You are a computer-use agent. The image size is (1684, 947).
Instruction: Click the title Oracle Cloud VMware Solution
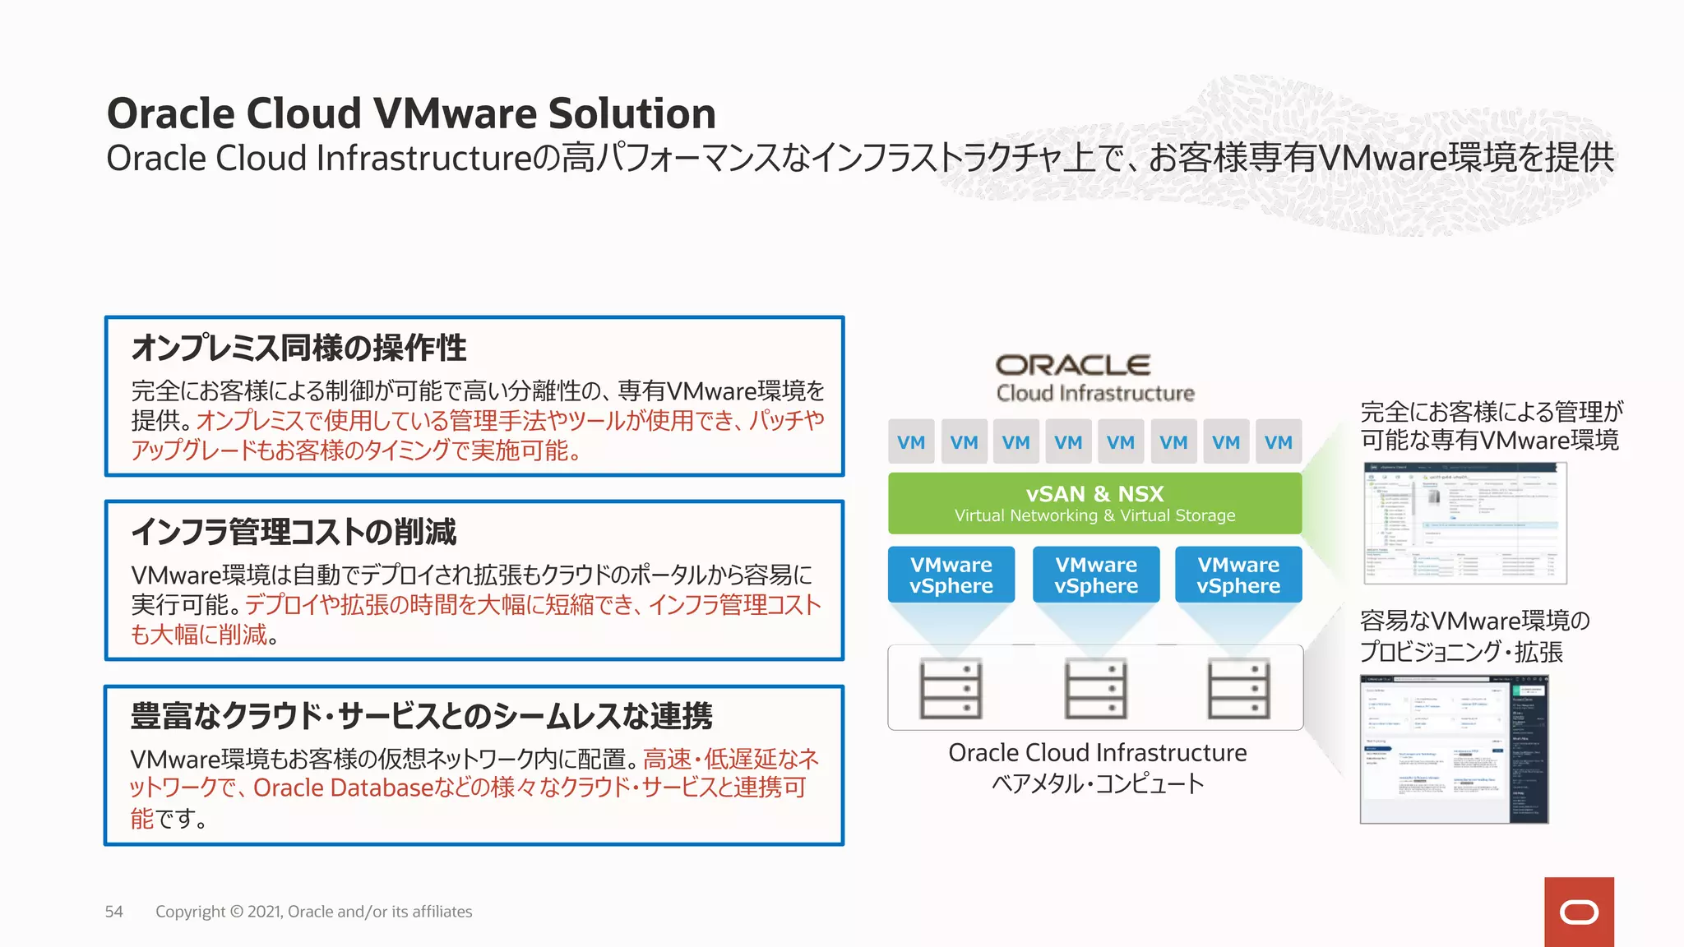pos(411,113)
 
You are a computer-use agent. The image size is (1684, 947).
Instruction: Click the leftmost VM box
pos(911,442)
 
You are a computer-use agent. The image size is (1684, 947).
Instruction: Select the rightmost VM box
pos(1278,442)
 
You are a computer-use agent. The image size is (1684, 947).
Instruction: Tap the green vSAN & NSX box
pos(1094,503)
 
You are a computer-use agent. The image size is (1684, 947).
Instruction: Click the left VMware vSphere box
pos(951,575)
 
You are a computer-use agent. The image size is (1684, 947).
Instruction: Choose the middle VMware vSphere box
pos(1096,575)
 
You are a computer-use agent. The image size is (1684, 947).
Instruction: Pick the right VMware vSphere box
pos(1238,575)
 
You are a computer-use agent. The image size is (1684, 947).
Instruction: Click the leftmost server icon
pos(951,689)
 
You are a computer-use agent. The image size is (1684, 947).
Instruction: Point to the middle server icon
pos(1095,689)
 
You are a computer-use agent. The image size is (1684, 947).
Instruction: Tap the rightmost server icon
pos(1238,689)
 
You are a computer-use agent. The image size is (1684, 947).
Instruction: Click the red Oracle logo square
pos(1579,912)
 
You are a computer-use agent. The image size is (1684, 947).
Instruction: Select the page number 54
pos(113,912)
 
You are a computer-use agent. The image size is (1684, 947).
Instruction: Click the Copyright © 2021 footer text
pos(313,912)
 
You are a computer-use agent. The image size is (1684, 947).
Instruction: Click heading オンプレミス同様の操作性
pos(298,348)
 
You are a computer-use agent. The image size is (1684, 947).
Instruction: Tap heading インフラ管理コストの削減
pos(294,532)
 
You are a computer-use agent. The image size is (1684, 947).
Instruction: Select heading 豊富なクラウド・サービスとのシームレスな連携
pos(421,716)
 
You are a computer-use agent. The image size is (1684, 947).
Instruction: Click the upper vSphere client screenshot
pos(1464,523)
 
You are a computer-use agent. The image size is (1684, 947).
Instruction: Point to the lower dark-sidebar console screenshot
pos(1454,749)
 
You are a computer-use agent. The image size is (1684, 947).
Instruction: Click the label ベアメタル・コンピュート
pos(1098,783)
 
